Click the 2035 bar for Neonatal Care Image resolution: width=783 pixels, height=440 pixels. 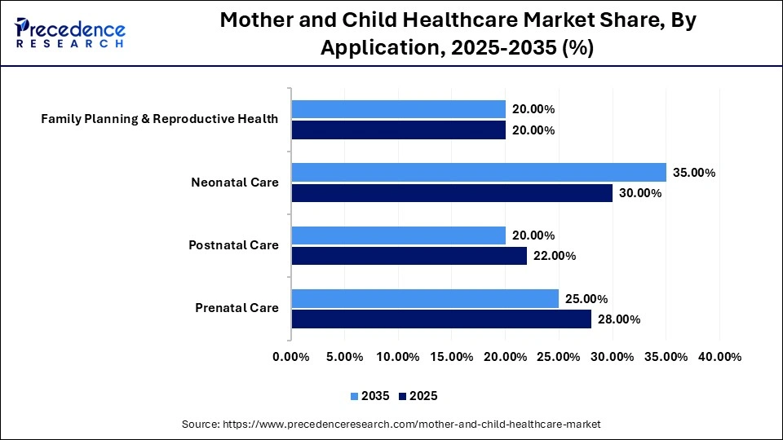pos(479,172)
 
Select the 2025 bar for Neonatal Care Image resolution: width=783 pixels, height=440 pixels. pos(452,193)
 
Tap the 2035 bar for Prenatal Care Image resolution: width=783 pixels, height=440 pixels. pos(425,298)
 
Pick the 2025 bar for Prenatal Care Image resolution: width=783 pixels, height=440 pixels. pos(441,319)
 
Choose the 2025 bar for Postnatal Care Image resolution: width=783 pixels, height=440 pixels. pos(409,256)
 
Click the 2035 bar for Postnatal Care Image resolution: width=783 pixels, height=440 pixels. pos(398,235)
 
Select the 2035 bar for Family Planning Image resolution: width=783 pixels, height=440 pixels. pos(398,109)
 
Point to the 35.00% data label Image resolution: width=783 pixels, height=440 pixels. pos(694,173)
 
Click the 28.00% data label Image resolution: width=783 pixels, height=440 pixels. pos(619,319)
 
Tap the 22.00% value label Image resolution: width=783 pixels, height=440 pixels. pos(555,256)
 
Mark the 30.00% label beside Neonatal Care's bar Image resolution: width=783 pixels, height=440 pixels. pos(640,193)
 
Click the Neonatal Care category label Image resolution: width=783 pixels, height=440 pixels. pos(235,183)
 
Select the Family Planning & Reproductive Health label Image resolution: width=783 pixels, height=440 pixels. pos(160,119)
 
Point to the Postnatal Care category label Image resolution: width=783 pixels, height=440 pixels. pos(233,245)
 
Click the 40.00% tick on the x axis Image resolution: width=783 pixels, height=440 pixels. pos(720,357)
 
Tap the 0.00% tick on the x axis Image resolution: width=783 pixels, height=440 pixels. pos(291,357)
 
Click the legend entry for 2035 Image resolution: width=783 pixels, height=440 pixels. pos(369,396)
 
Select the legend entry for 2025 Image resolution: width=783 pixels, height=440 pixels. pos(418,396)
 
